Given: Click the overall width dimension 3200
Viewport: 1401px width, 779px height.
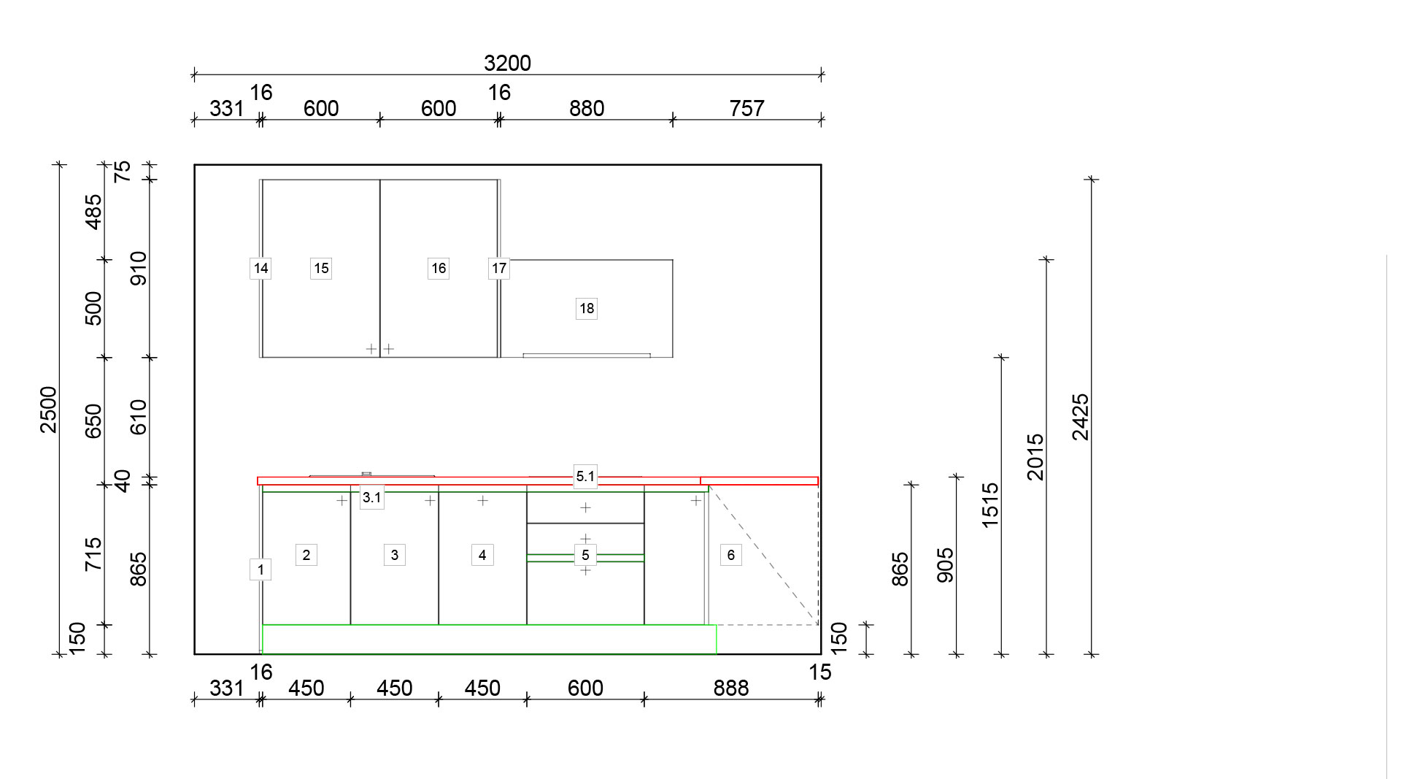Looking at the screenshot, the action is [507, 64].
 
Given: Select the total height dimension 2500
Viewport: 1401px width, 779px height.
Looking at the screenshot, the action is [48, 410].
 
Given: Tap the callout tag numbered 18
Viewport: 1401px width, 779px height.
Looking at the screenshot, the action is [587, 309].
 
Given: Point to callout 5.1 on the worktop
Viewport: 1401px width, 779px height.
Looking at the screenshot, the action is [585, 476].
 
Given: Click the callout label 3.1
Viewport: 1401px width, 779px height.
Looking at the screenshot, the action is [371, 498].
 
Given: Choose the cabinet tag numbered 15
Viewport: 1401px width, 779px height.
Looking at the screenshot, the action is [321, 269].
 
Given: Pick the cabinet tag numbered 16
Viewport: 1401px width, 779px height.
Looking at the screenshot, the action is [439, 269].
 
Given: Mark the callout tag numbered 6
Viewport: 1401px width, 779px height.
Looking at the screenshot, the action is [730, 555].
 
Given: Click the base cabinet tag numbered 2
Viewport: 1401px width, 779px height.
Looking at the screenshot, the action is [306, 555].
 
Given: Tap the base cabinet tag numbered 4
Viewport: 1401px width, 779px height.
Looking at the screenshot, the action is [482, 555].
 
